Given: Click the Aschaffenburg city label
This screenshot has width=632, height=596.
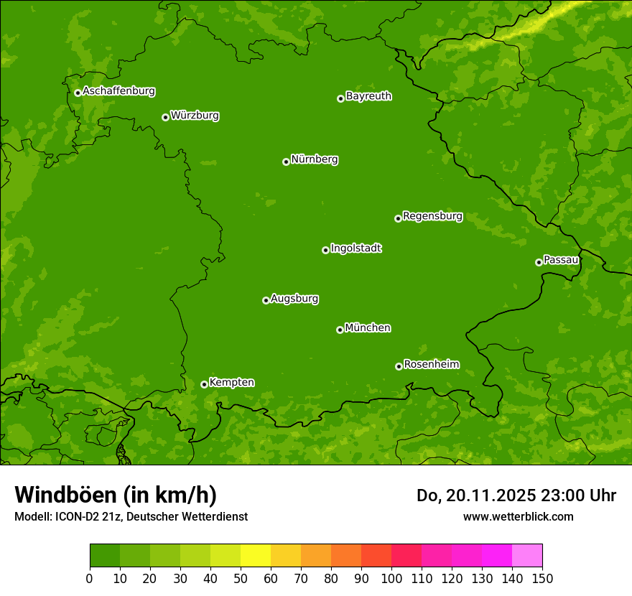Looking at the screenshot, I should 118,91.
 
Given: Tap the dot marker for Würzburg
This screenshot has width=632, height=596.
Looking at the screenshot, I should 165,117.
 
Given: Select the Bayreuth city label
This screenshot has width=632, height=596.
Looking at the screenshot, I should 368,96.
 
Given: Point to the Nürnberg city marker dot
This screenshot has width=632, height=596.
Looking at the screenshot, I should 286,162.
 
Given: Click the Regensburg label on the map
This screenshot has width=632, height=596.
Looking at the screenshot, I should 432,216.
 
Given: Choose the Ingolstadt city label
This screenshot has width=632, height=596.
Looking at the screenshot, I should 355,248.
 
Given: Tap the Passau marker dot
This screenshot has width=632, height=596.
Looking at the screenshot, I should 539,262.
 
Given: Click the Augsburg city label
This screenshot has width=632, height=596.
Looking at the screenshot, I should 294,299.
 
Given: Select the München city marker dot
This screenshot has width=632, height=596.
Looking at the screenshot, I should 340,330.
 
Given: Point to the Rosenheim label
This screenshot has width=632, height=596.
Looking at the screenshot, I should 431,365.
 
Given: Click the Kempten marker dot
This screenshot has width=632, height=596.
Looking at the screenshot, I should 204,384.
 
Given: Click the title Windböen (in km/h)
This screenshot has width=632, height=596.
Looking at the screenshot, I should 116,495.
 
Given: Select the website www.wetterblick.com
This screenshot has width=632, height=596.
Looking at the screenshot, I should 518,516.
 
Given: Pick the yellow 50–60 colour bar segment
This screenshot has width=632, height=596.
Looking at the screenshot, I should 256,556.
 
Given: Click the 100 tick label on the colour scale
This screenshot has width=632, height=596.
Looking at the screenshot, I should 391,579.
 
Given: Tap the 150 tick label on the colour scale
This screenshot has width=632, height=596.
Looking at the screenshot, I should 542,579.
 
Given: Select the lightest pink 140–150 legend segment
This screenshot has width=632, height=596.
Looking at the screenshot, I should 527,556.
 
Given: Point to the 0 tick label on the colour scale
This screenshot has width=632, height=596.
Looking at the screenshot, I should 90,579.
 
